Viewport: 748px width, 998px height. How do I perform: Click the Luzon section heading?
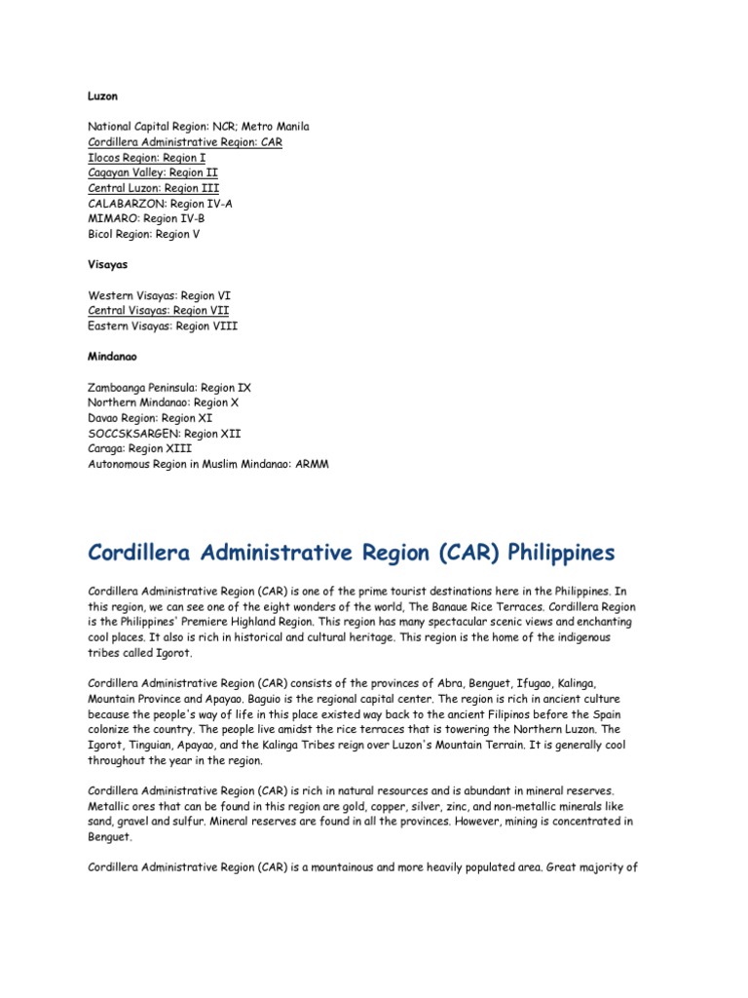pyautogui.click(x=103, y=96)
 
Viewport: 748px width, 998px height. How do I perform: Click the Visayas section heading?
pyautogui.click(x=108, y=264)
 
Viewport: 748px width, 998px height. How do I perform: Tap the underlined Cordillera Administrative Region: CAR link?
pyautogui.click(x=185, y=142)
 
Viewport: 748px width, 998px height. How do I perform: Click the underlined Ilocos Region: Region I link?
pyautogui.click(x=147, y=157)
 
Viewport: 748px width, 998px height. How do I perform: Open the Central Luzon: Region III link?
pyautogui.click(x=153, y=188)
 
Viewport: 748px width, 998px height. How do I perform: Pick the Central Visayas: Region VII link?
pyautogui.click(x=159, y=310)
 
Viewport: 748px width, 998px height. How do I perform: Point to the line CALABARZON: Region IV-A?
pyautogui.click(x=161, y=204)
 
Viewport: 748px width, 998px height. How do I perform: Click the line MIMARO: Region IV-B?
pyautogui.click(x=146, y=218)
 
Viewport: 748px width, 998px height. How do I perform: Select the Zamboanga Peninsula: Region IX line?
pyautogui.click(x=169, y=387)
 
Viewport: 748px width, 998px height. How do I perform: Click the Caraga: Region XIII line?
pyautogui.click(x=140, y=448)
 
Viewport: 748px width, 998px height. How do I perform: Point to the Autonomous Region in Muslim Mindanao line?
pyautogui.click(x=208, y=464)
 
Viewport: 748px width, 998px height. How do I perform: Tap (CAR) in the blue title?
pyautogui.click(x=449, y=553)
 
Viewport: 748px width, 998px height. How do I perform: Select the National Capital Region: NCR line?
pyautogui.click(x=199, y=127)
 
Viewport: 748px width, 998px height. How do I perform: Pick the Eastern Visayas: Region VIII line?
pyautogui.click(x=163, y=326)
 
